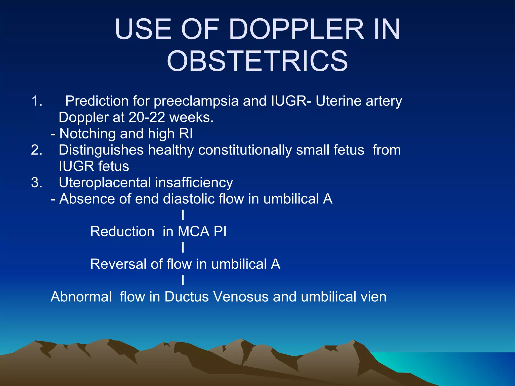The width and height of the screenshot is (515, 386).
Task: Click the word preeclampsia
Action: tap(196, 101)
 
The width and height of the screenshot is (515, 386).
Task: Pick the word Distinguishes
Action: tap(101, 150)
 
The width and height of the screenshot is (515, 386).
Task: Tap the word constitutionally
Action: tap(245, 150)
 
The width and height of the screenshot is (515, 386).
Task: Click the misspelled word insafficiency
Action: tap(194, 183)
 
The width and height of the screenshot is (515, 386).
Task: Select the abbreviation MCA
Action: tap(193, 231)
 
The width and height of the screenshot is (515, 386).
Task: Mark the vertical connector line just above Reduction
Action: tap(183, 215)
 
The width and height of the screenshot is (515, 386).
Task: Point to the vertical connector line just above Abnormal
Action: tap(183, 280)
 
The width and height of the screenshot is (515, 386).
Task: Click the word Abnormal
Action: tap(81, 297)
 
